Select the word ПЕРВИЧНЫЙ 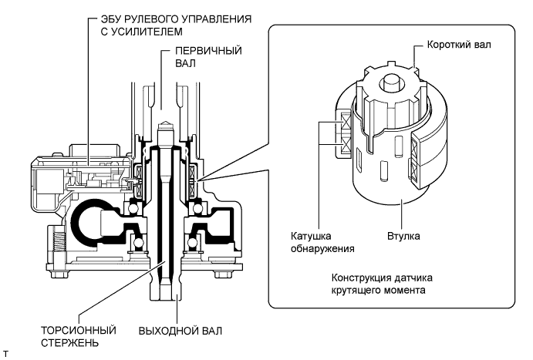point(208,51)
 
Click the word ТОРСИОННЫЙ point(79,331)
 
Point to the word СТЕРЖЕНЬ point(69,343)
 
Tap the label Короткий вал point(459,45)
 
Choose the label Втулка point(403,236)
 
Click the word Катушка point(311,236)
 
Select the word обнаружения point(322,248)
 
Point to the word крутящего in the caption point(356,291)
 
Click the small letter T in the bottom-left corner point(5,355)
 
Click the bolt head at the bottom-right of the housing point(223,274)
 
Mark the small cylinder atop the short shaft point(392,82)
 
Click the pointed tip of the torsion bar point(164,122)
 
